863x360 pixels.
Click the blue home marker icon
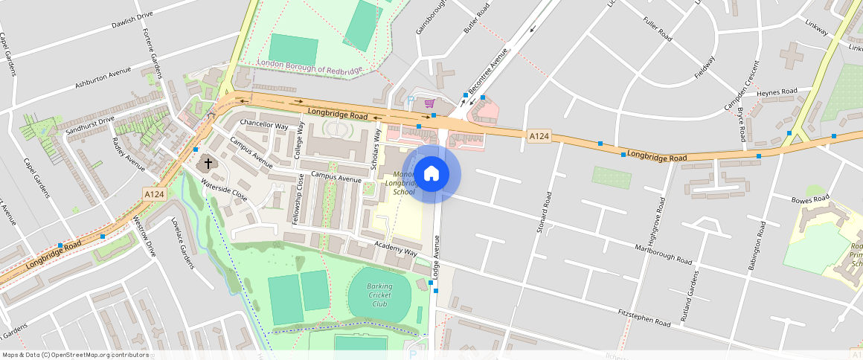tap(431, 174)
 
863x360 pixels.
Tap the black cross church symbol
tap(208, 162)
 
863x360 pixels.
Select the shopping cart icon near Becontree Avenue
tap(429, 104)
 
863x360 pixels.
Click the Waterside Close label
tap(223, 193)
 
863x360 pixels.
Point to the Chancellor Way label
tap(263, 125)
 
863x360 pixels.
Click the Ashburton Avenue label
tap(103, 78)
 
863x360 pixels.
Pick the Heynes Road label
tap(776, 91)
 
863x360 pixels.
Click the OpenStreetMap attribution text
tap(76, 355)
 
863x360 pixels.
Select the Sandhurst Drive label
tap(90, 124)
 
